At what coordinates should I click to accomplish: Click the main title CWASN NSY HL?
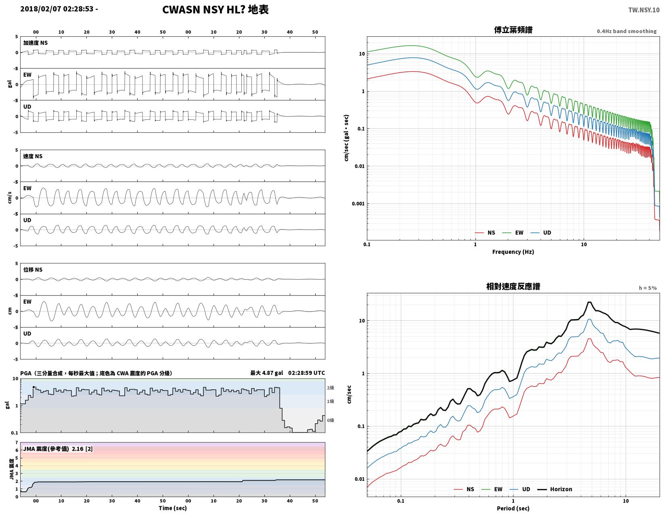[203, 9]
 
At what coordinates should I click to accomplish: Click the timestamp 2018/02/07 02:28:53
[57, 9]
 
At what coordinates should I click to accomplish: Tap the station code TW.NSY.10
[644, 10]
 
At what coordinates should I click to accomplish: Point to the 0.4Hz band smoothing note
[626, 31]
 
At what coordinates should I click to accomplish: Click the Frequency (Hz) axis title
[513, 252]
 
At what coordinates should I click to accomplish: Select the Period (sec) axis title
[513, 508]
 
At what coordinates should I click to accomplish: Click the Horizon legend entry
[555, 489]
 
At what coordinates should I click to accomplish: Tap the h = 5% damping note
[647, 288]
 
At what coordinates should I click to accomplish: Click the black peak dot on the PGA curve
[34, 387]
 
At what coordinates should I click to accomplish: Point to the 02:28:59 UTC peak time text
[306, 373]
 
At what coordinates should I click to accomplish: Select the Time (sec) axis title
[173, 508]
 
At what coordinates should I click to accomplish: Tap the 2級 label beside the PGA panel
[330, 388]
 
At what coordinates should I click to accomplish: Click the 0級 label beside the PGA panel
[330, 420]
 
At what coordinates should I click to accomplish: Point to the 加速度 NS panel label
[36, 43]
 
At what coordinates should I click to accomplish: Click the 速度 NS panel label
[33, 156]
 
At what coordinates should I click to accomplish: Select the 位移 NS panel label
[33, 269]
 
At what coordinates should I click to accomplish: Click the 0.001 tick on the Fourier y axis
[358, 204]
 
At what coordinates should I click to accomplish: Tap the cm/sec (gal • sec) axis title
[346, 138]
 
